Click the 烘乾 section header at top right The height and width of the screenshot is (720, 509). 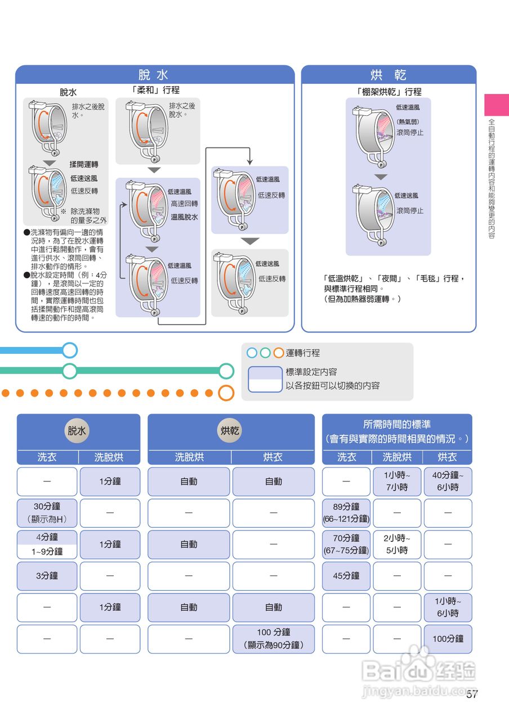tap(389, 75)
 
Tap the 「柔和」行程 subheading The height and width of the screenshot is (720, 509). tap(155, 90)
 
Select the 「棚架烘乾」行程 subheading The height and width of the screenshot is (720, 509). tap(389, 91)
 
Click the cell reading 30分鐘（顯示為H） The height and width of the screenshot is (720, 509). tap(47, 513)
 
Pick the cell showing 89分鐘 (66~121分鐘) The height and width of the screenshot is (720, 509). tap(346, 513)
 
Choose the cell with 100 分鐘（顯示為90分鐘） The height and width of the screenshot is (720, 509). tap(274, 639)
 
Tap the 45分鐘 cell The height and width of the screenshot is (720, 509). tap(346, 576)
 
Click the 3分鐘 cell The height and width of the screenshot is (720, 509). tap(47, 576)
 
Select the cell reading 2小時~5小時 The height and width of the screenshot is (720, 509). tap(397, 544)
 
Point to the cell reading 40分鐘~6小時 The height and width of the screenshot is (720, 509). tap(448, 481)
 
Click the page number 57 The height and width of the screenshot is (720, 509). tap(472, 694)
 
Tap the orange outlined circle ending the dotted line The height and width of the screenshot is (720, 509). tap(226, 393)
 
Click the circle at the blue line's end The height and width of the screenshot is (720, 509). tap(70, 350)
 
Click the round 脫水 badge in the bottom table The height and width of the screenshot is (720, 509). tap(78, 431)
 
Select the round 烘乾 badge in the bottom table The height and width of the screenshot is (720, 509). tap(230, 431)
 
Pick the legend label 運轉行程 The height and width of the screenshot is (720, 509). tap(303, 353)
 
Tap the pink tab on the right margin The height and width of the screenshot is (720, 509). tap(497, 105)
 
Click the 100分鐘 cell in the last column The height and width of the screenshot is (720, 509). tap(448, 639)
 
